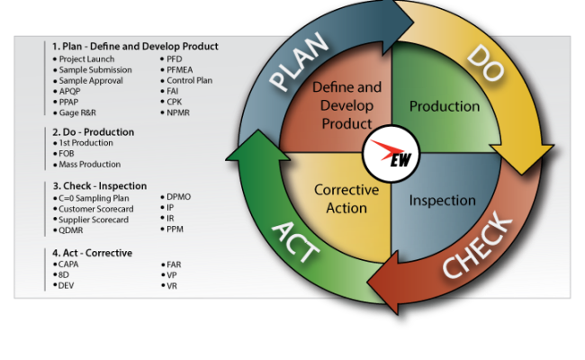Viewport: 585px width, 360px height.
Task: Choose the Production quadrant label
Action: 445,106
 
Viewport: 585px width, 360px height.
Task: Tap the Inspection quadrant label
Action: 443,199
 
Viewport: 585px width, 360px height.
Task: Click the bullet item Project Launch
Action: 88,58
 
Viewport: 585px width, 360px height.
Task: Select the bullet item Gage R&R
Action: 79,112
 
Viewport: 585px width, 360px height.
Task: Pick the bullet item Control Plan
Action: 189,80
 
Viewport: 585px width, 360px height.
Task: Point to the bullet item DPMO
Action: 179,196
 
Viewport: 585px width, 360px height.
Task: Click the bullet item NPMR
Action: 180,112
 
